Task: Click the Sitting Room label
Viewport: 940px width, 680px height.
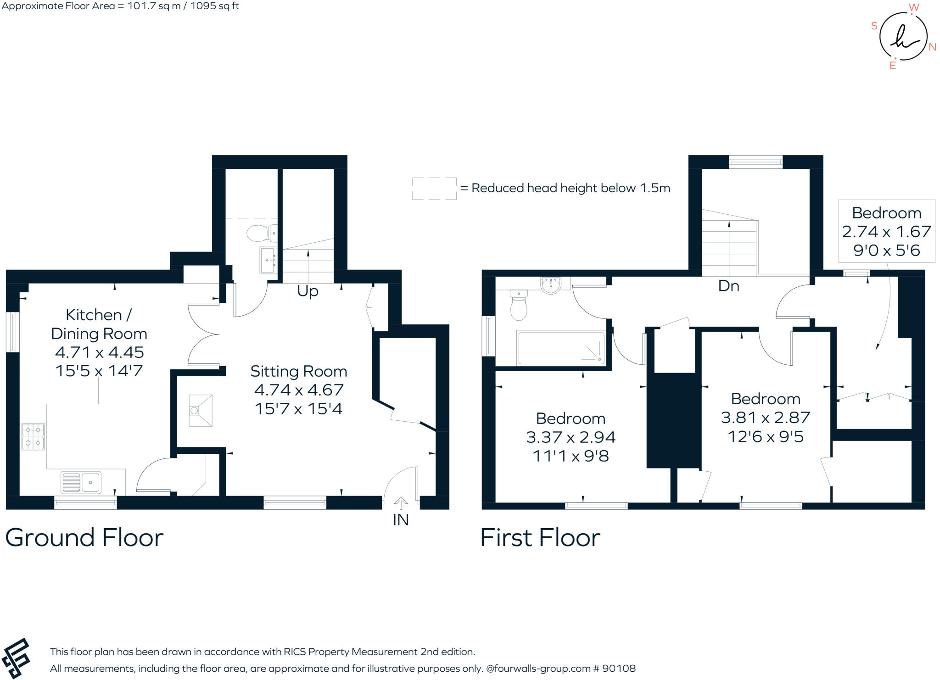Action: (298, 371)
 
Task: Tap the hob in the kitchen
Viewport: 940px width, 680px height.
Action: (33, 436)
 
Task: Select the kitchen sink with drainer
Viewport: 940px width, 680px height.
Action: (81, 482)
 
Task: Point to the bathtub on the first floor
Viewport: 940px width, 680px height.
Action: (561, 348)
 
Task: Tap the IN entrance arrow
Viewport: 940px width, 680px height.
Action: (401, 504)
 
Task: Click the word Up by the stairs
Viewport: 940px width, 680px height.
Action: (308, 291)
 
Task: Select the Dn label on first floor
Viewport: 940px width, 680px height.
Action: (728, 286)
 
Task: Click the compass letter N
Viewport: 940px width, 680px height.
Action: (932, 47)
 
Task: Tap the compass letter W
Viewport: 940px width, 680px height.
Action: (914, 7)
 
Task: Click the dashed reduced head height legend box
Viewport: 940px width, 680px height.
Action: (434, 189)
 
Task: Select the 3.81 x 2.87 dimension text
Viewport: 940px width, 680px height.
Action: (765, 418)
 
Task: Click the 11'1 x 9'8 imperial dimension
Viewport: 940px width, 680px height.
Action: (571, 456)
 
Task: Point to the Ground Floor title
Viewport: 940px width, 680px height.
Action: (84, 537)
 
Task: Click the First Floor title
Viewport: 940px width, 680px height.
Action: (540, 537)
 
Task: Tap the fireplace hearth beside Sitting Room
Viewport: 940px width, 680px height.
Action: (201, 410)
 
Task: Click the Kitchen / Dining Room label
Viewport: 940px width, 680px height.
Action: (99, 324)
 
